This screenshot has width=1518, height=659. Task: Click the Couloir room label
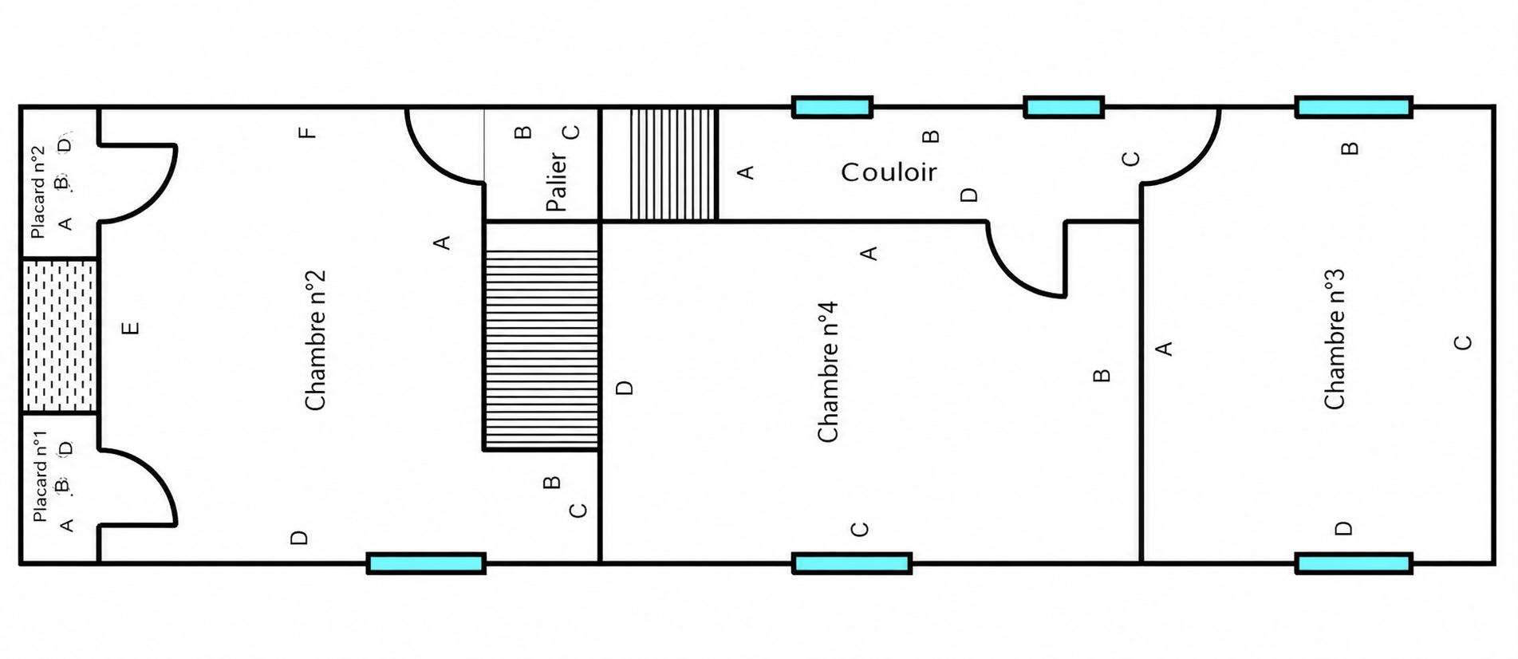(889, 172)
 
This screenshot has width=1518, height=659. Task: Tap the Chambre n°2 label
(316, 341)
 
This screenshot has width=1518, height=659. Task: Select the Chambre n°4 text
(828, 372)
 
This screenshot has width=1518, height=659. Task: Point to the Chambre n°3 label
(1335, 340)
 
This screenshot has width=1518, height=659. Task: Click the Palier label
(557, 182)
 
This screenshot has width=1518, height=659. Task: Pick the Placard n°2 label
(37, 192)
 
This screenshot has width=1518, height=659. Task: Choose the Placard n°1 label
(40, 476)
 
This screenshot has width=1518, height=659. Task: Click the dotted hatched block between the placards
(59, 336)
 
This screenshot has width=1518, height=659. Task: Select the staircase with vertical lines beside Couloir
(674, 164)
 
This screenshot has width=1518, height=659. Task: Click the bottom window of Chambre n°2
(427, 563)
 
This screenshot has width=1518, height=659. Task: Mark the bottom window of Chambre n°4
(853, 563)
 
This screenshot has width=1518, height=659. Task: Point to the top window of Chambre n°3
(1354, 107)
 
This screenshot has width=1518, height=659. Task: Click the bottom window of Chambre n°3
(1354, 563)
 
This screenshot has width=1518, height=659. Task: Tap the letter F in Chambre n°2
(308, 132)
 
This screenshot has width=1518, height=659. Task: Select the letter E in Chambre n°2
(132, 327)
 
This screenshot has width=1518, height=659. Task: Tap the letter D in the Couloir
(969, 195)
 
